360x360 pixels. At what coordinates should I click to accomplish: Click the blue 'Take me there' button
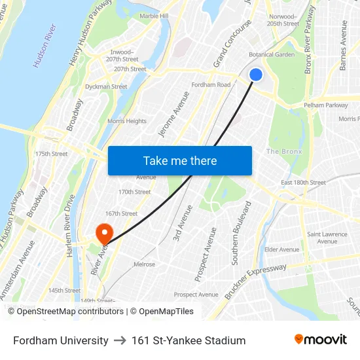[x=180, y=160]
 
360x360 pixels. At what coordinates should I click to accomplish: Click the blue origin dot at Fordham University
[x=256, y=75]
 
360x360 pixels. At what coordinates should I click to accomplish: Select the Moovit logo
[x=321, y=340]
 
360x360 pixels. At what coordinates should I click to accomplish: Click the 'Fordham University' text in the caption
[x=61, y=340]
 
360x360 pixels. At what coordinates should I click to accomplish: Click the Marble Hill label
[x=154, y=16]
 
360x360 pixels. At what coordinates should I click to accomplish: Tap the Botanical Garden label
[x=272, y=55]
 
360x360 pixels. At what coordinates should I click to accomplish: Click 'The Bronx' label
[x=284, y=152]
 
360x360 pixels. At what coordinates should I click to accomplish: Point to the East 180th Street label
[x=303, y=183]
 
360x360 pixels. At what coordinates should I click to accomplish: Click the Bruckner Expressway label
[x=256, y=282]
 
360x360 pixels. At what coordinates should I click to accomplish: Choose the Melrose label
[x=144, y=264]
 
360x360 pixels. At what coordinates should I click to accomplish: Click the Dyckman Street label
[x=106, y=86]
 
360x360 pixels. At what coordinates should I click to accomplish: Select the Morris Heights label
[x=127, y=121]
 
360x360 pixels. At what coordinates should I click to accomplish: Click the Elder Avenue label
[x=281, y=249]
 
